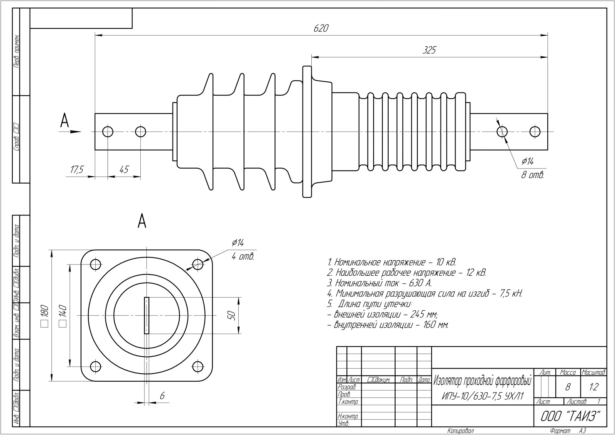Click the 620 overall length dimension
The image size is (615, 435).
tap(321, 28)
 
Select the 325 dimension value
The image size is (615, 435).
tap(429, 50)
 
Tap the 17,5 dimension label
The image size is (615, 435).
tap(76, 170)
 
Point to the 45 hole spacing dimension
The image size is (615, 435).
tap(124, 170)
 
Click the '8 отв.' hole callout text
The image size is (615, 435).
tap(532, 175)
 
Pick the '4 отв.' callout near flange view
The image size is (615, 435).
tap(243, 256)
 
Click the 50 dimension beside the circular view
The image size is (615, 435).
tap(231, 316)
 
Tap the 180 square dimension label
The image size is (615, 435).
tap(44, 316)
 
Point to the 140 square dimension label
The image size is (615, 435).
tap(63, 316)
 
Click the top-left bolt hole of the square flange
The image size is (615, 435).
tap(95, 264)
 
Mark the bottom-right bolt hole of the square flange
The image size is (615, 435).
tap(198, 366)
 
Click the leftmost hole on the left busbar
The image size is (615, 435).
tap(108, 132)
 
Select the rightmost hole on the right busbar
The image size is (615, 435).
tap(535, 132)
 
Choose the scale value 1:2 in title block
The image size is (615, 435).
tap(594, 387)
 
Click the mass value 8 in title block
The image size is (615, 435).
tap(568, 387)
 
